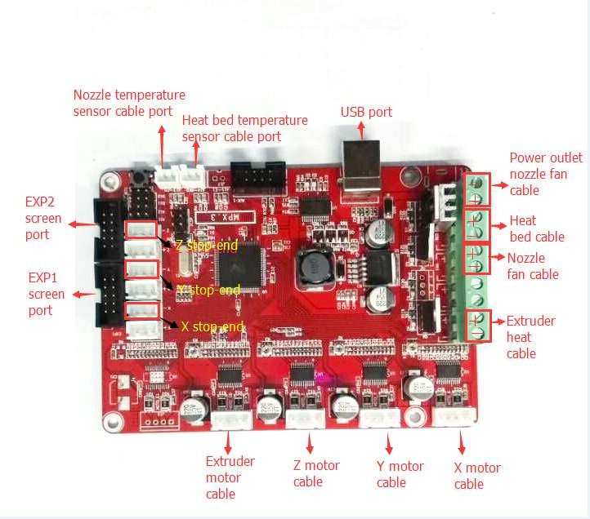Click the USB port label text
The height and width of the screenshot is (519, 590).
pos(366,112)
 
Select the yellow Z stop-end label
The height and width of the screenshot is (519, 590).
pos(208,245)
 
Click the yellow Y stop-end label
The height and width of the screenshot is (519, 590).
pos(208,290)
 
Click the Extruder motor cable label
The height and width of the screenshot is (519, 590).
pos(230,477)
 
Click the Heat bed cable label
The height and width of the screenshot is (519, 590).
pos(537,228)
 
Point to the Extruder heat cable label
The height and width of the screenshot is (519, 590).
pos(530,337)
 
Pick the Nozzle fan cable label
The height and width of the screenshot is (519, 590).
pos(533,266)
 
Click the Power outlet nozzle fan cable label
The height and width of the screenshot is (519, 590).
pos(545,174)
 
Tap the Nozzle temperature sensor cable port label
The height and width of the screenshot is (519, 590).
pos(129,103)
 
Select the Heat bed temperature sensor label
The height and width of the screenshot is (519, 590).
pos(244,128)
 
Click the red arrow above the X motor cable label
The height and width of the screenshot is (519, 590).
pos(462,445)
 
